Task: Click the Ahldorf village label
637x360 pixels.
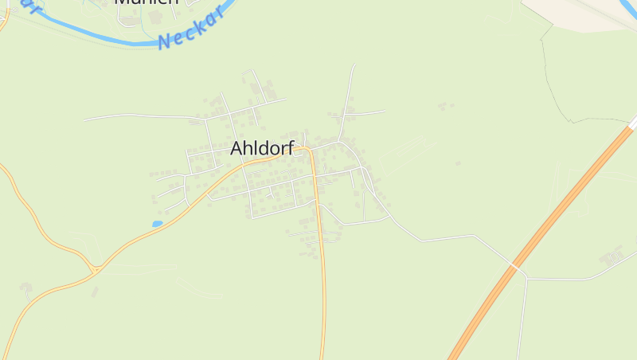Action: tap(262, 148)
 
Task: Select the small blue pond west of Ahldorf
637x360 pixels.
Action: tap(158, 224)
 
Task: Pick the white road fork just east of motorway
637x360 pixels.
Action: tap(527, 279)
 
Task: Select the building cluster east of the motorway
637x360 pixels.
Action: tap(612, 256)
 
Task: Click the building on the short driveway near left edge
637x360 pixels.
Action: tap(25, 286)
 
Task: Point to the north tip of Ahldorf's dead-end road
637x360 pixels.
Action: tap(354, 65)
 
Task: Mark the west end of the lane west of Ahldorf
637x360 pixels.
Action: tap(84, 120)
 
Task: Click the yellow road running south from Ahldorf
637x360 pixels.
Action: tap(323, 287)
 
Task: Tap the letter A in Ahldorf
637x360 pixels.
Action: tap(236, 148)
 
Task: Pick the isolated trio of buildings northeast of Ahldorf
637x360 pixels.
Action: tap(446, 105)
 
